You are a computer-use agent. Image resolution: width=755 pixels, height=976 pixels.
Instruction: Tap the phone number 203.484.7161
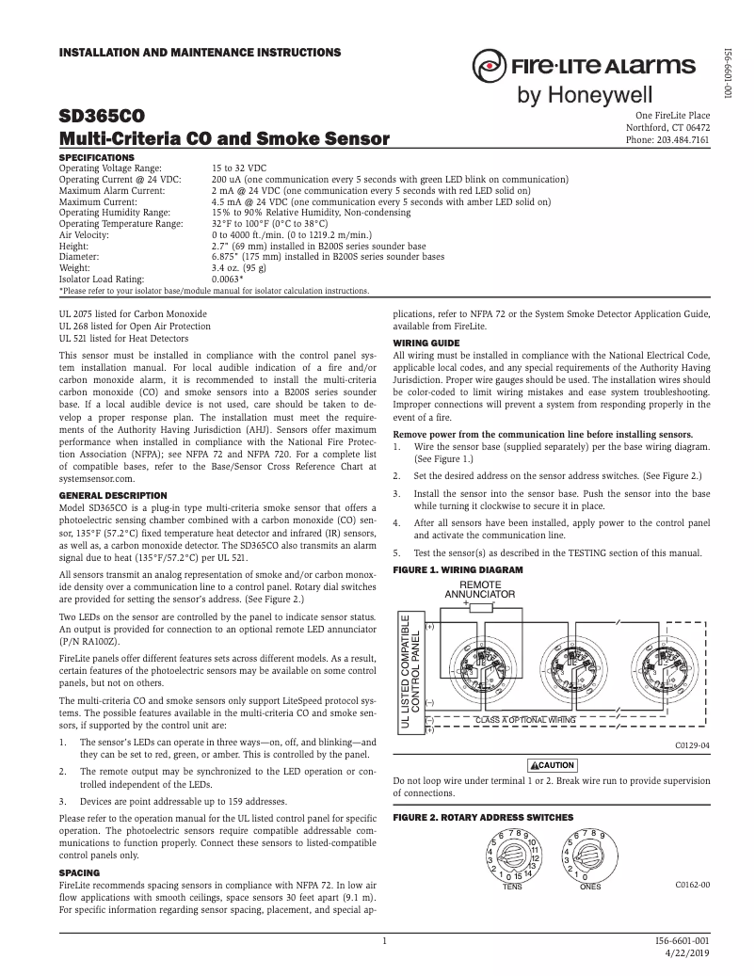667,140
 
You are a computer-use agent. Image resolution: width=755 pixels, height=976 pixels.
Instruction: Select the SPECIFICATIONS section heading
97,156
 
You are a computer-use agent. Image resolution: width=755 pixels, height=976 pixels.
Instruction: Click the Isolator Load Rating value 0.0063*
228,280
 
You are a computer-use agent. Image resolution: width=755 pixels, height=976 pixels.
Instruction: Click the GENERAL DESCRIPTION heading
113,495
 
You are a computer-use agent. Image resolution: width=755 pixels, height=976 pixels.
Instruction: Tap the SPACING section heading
79,873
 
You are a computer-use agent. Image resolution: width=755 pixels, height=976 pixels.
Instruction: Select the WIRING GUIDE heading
426,342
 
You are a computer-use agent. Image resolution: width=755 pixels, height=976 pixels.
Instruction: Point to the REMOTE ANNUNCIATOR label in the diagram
479,590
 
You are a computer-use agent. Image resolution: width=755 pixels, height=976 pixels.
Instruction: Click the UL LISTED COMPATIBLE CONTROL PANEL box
411,671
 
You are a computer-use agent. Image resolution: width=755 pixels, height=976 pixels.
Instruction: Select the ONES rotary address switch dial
589,855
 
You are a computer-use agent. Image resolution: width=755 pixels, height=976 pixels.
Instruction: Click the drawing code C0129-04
691,744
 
